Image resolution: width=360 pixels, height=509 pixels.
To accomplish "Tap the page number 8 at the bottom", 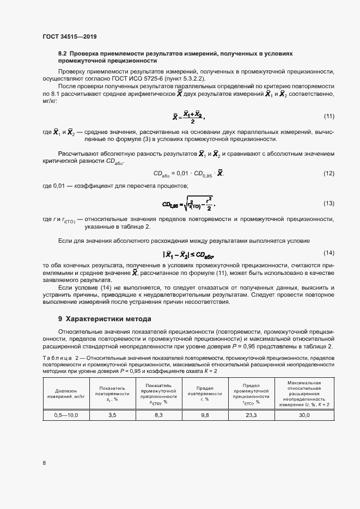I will click(x=44, y=463).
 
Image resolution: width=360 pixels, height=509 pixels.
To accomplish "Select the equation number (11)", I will click(x=328, y=116).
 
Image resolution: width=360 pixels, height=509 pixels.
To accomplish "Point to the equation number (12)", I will click(x=328, y=174).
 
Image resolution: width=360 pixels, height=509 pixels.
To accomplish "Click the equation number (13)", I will click(x=328, y=203).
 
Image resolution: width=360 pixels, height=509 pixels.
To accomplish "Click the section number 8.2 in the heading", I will click(x=62, y=54).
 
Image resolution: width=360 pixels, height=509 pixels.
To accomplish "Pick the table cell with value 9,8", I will click(x=205, y=415).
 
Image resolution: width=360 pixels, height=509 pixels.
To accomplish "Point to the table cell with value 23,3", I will click(x=252, y=415).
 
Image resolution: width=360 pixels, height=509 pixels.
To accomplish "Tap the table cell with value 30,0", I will click(x=304, y=415).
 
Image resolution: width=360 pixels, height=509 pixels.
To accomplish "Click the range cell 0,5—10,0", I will click(x=66, y=415).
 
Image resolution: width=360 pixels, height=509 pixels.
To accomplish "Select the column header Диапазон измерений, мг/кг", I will click(x=66, y=394).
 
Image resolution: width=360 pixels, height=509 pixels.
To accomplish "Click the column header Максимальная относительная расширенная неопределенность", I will click(x=304, y=394).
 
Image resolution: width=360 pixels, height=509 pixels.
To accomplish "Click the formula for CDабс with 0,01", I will click(x=188, y=174).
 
